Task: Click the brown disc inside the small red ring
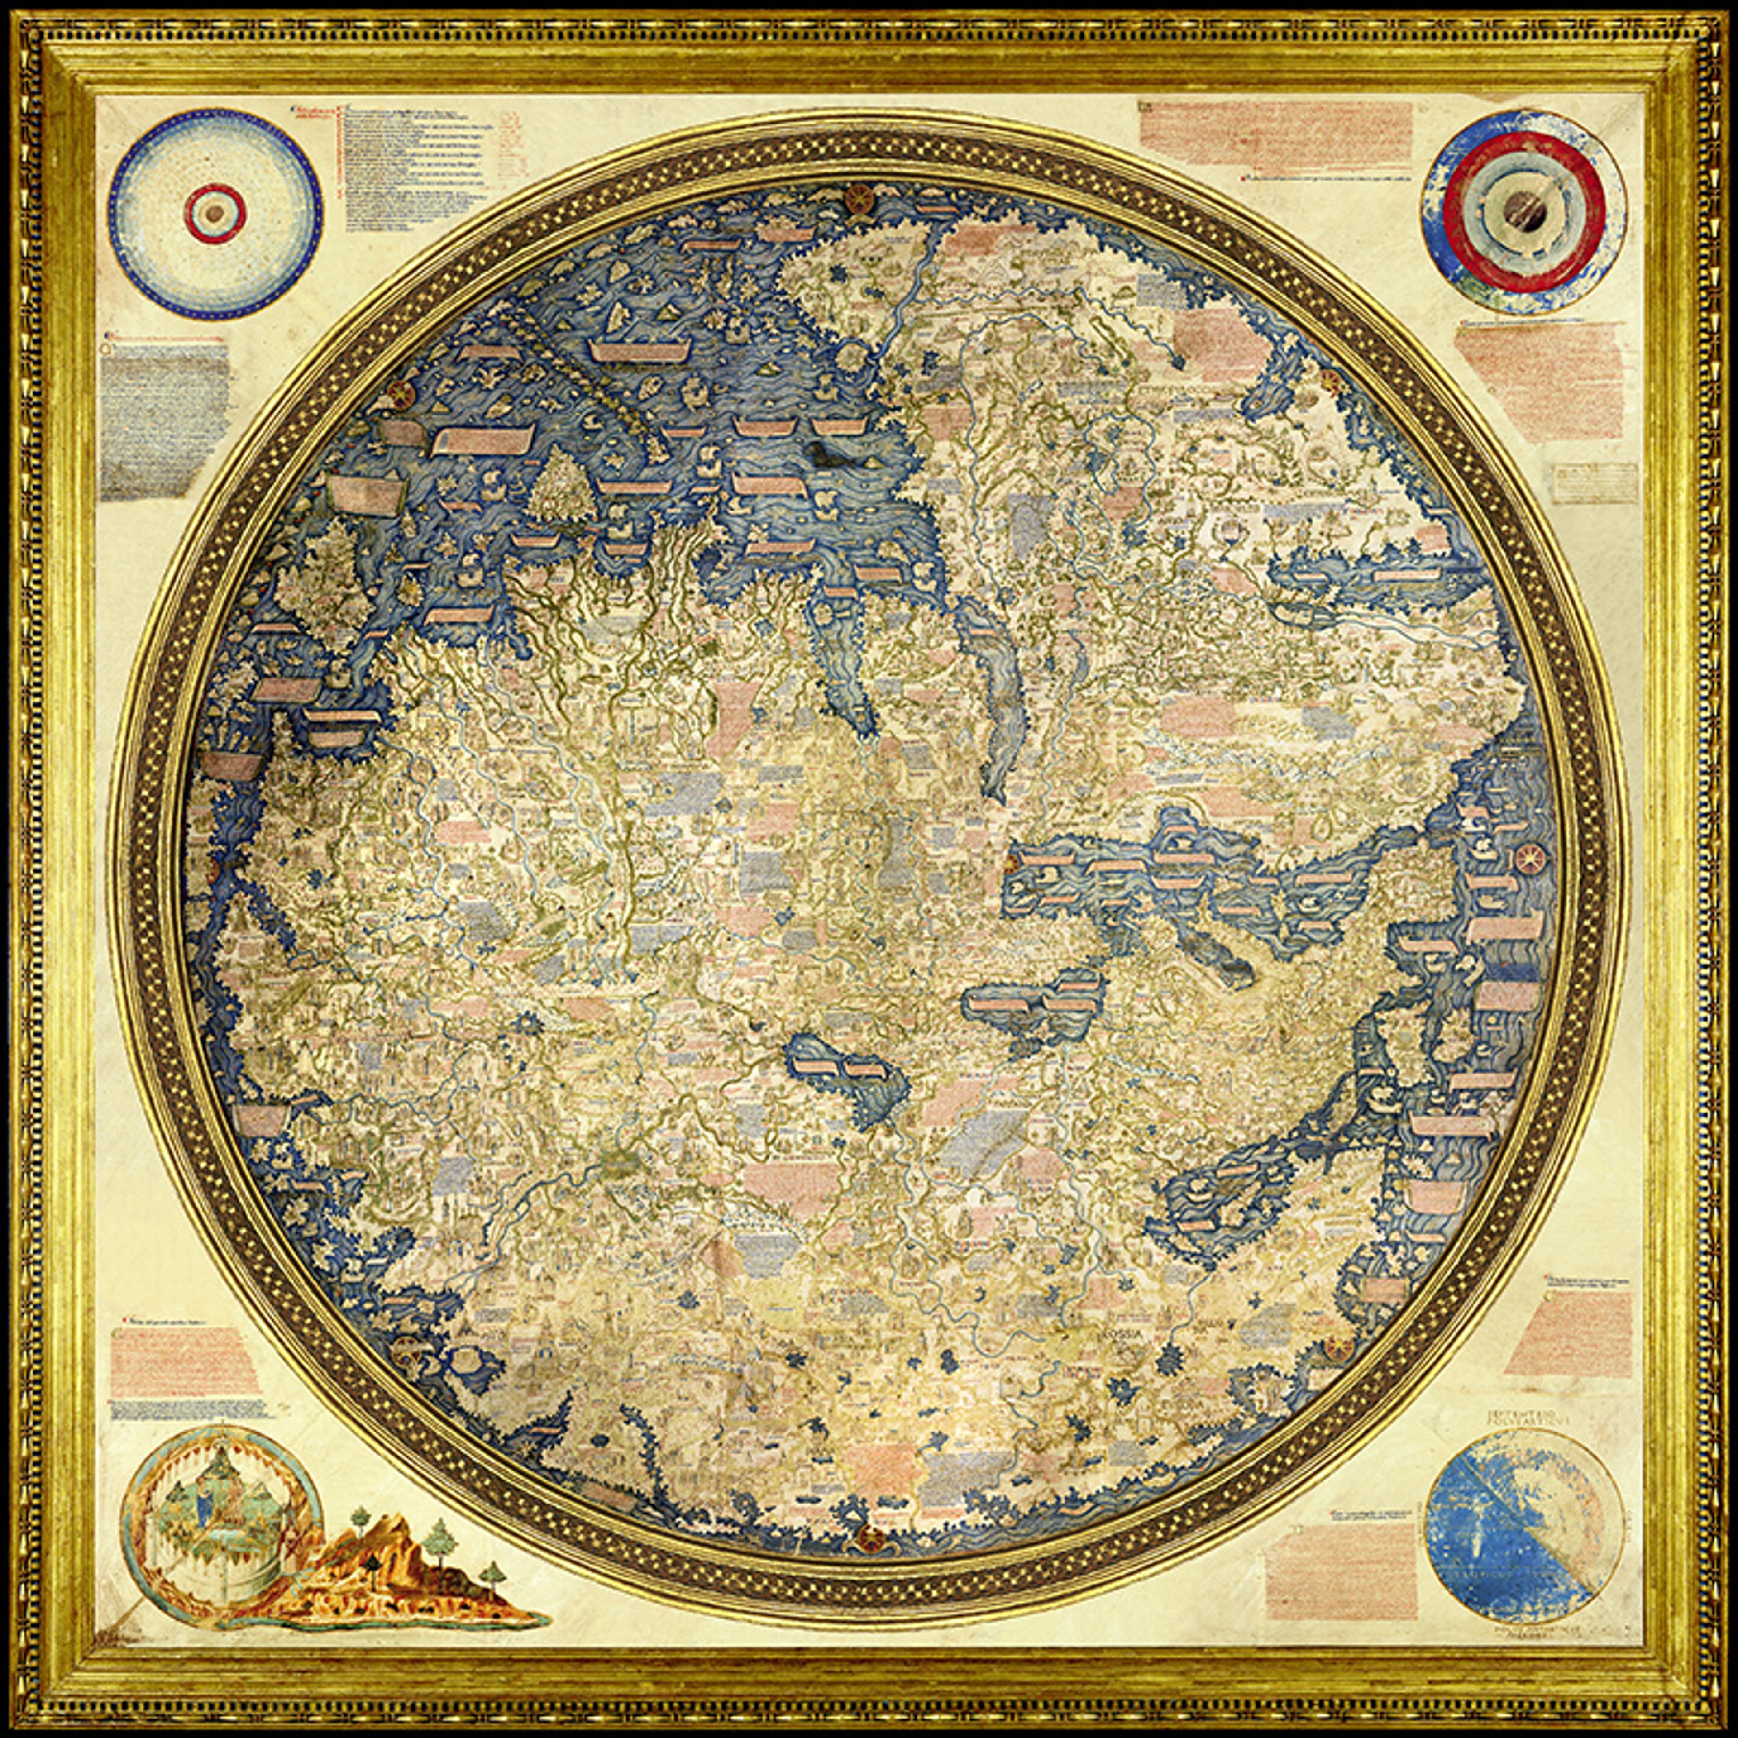click(215, 213)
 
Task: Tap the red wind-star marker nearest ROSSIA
click(1338, 1345)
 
